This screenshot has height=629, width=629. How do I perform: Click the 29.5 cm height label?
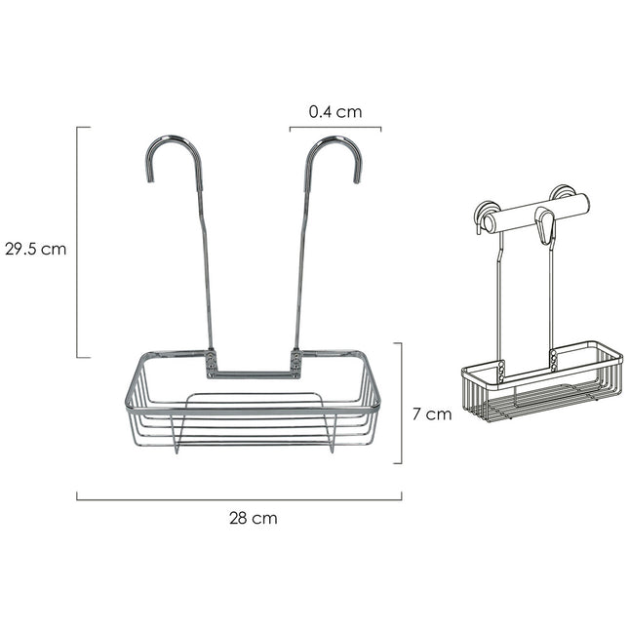34,248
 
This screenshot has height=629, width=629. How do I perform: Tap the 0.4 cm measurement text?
334,112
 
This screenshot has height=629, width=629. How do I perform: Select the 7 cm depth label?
431,413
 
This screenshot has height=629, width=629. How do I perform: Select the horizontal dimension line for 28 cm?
239,499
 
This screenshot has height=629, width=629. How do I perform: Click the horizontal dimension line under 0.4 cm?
334,128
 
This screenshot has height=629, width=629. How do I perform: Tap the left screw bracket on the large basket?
211,363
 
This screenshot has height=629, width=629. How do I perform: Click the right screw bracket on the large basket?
295,363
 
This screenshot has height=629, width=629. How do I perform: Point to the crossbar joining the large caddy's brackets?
253,373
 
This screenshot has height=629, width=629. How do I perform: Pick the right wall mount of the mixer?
562,192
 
